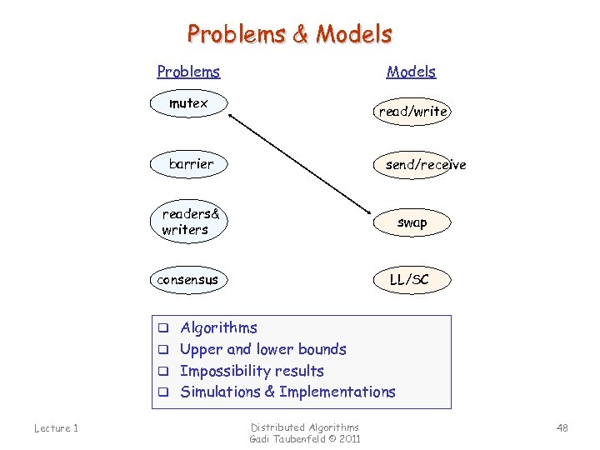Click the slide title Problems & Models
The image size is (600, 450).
[x=289, y=34]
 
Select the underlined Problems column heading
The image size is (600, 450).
[x=188, y=72]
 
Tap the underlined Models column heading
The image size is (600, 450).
[x=411, y=72]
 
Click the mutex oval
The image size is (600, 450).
[x=188, y=104]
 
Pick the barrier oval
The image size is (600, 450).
[x=191, y=164]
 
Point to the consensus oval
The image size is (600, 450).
[x=187, y=280]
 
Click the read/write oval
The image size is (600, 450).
[x=413, y=111]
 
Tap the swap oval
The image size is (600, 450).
[x=412, y=222]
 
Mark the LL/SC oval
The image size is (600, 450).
[x=409, y=280]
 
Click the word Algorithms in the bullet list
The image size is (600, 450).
[x=218, y=327]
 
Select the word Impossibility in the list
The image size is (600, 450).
[x=227, y=371]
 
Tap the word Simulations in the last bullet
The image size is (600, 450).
[x=220, y=392]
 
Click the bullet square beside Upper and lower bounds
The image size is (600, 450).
[x=164, y=350]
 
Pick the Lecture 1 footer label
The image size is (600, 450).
[x=56, y=428]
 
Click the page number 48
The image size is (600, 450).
[x=562, y=428]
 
